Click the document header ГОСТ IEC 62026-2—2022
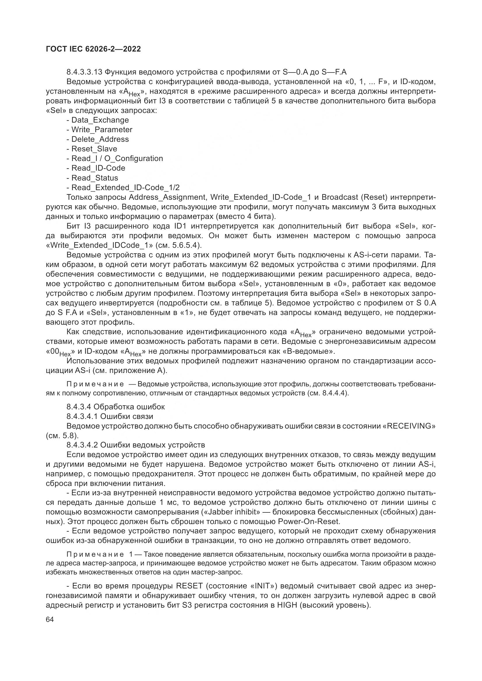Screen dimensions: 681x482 coord(93,49)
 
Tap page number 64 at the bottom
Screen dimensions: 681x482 coord(50,620)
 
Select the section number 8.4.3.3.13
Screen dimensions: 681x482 coord(85,72)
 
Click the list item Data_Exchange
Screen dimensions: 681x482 coord(100,120)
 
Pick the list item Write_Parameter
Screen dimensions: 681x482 coord(102,130)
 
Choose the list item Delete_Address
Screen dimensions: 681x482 coord(100,139)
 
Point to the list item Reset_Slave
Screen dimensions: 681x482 coord(94,149)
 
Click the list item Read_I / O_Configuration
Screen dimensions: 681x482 coord(117,158)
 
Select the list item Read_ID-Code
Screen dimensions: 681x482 coord(98,168)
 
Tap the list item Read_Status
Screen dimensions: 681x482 coord(95,178)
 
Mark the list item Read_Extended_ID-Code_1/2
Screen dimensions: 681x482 coord(126,188)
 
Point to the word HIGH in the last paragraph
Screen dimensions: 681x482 coord(287,605)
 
